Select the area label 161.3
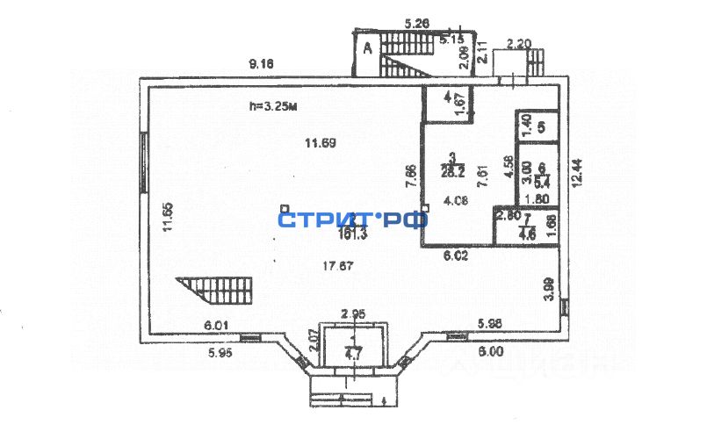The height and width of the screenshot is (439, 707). (353, 234)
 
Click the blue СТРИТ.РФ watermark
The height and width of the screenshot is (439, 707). (352, 219)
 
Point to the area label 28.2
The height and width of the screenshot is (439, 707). (451, 171)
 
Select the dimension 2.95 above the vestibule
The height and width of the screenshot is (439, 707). (352, 313)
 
